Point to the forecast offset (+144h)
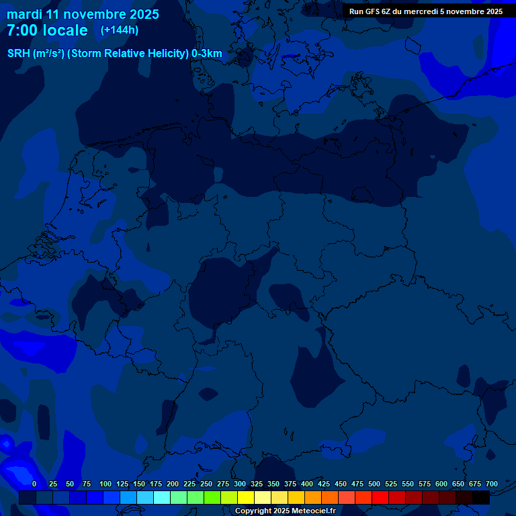[x=119, y=30]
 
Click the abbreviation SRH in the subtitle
[x=19, y=54]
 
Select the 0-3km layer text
[x=207, y=54]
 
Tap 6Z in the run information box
[x=388, y=11]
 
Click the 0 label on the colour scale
[x=34, y=484]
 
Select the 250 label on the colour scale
[x=206, y=484]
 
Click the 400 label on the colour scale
[x=307, y=484]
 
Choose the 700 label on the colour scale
[x=492, y=484]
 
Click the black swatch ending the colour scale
[x=481, y=498]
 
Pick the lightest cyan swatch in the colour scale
[x=162, y=498]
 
